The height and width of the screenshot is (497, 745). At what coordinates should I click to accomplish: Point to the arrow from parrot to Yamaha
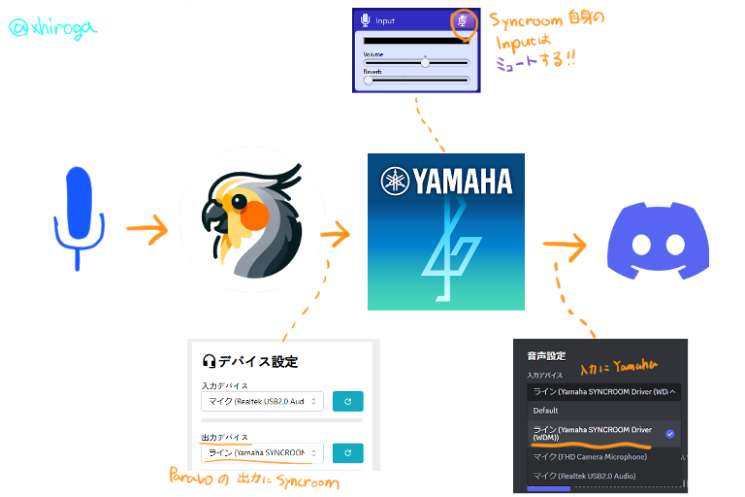[x=336, y=233]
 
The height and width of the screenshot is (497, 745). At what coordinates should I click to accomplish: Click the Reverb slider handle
[x=369, y=81]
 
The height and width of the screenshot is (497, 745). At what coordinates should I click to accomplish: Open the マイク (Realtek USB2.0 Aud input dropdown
[x=262, y=400]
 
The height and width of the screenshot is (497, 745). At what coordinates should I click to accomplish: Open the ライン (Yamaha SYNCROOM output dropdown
[x=262, y=452]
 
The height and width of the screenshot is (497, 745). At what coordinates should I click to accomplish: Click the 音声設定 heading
[x=546, y=355]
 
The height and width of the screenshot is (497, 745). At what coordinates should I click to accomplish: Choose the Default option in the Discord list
[x=545, y=410]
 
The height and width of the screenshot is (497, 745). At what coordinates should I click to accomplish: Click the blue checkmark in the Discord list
[x=669, y=433]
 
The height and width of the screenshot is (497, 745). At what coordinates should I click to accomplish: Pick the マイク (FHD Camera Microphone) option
[x=589, y=456]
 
